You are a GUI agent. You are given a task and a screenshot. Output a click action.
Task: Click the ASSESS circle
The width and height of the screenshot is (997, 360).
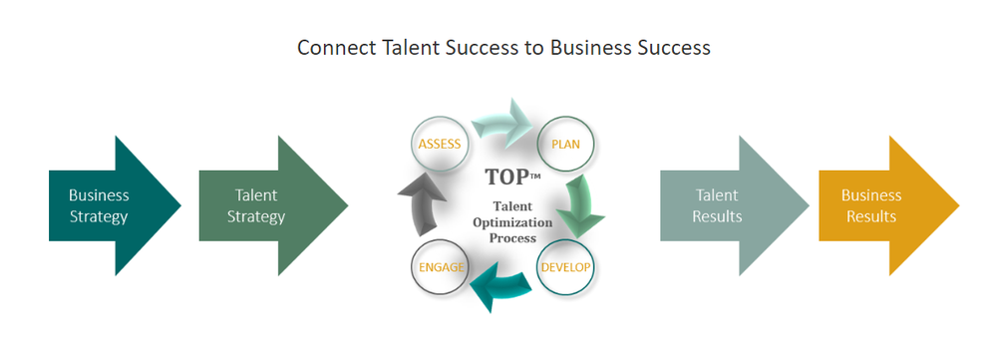point(439,145)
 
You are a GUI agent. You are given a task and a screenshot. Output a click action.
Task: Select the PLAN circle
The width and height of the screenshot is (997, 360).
point(565,145)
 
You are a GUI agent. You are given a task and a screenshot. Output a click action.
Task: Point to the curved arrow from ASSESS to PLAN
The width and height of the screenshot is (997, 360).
point(502,124)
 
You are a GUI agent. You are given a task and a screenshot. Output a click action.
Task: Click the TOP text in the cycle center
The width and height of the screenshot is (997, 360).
point(506,178)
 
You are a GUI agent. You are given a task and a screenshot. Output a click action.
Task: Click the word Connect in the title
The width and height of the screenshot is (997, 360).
point(332,48)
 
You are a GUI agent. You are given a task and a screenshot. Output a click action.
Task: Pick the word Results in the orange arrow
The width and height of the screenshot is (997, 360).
point(871,215)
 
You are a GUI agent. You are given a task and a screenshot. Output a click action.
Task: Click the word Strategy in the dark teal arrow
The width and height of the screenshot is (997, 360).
point(99,215)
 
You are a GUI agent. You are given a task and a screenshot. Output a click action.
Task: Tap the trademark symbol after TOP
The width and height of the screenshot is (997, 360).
point(534,174)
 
